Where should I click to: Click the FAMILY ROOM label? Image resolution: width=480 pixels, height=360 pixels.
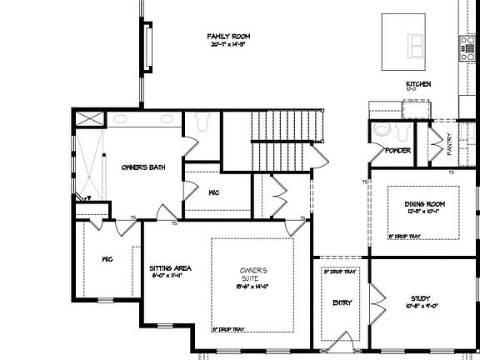tap(228, 37)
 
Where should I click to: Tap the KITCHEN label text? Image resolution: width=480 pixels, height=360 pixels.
tap(417, 84)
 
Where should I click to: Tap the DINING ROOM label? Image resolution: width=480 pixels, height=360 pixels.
tap(422, 203)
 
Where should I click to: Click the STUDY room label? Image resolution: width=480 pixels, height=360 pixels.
tap(421, 298)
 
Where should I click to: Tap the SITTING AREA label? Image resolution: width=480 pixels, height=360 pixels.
tap(171, 268)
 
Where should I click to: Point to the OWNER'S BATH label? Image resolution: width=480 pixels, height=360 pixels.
tap(142, 167)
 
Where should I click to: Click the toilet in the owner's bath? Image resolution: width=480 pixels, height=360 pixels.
tap(199, 124)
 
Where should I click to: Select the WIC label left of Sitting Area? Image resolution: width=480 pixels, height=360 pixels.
tap(107, 259)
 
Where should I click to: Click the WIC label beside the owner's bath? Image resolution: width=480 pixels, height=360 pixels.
tap(213, 192)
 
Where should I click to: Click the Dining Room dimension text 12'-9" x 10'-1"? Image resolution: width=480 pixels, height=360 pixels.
tap(422, 212)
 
